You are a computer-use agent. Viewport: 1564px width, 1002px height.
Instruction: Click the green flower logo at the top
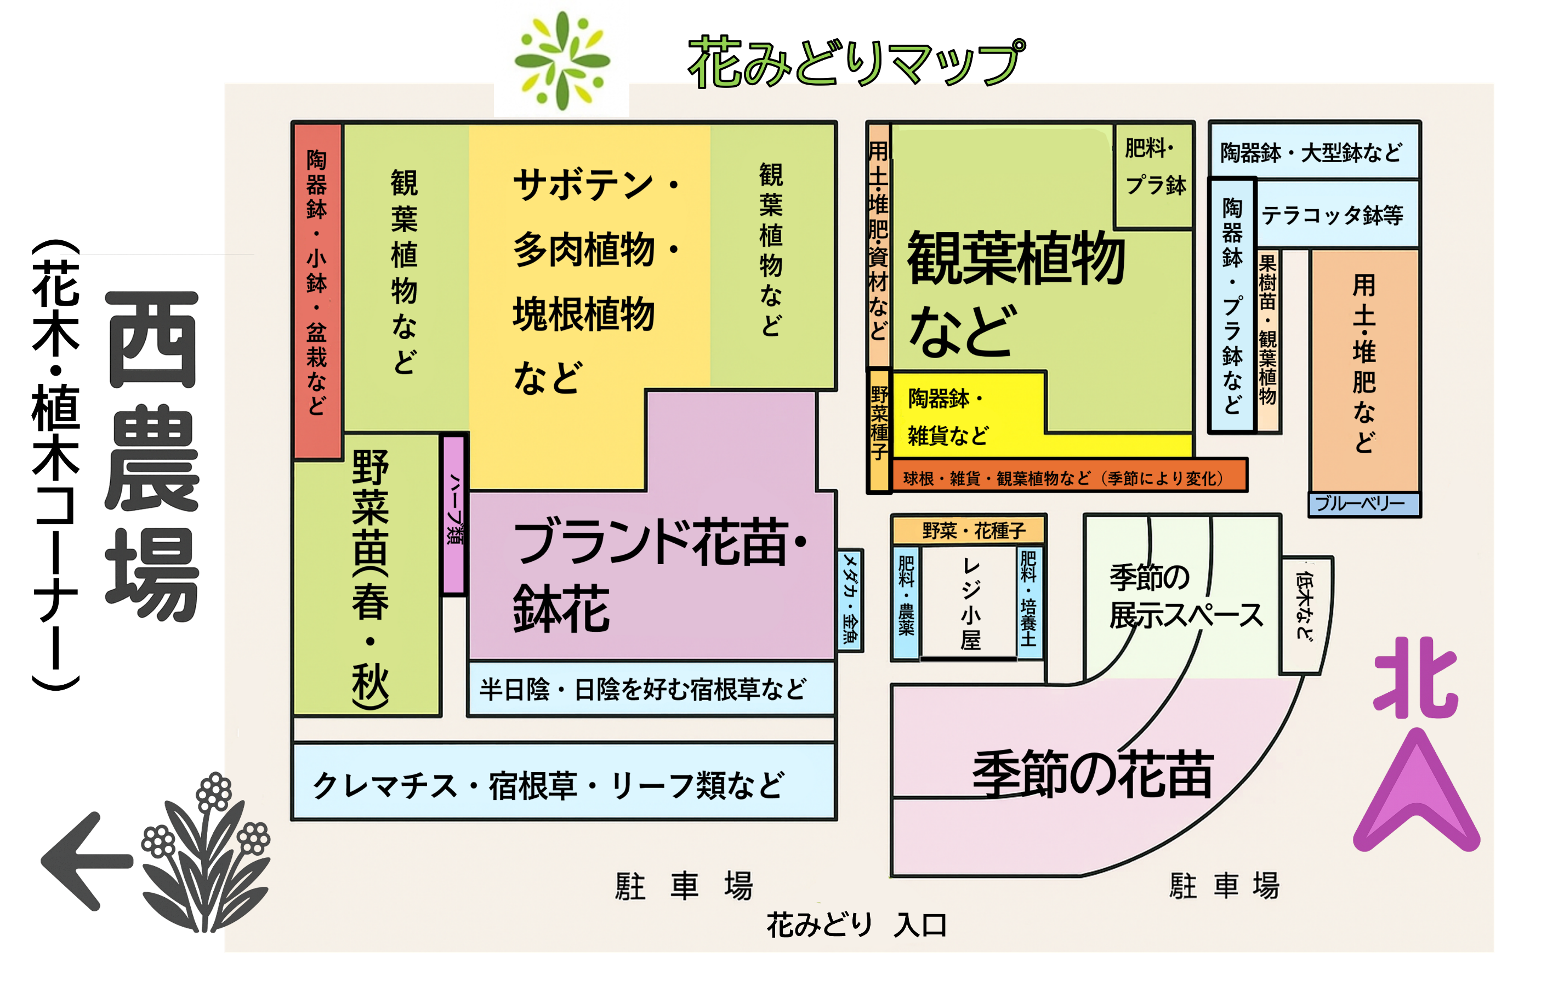tap(561, 60)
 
